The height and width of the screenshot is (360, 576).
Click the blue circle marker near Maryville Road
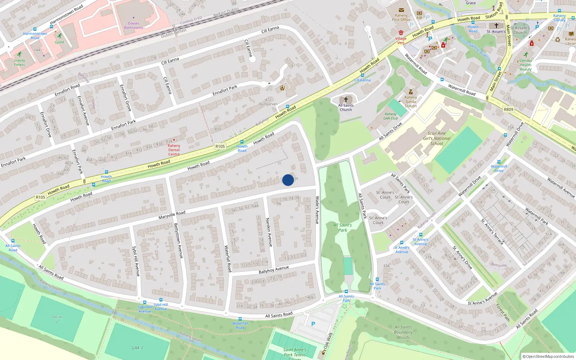click(288, 180)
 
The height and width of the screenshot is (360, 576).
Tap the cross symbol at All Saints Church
click(346, 99)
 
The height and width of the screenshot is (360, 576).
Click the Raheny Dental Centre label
click(174, 150)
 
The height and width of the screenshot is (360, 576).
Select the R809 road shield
click(508, 109)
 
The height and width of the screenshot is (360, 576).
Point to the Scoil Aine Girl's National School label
click(437, 138)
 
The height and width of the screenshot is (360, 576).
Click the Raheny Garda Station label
click(411, 102)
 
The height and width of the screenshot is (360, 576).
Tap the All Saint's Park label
click(343, 228)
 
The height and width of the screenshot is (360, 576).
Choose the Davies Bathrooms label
click(134, 25)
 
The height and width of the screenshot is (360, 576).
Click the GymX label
click(59, 42)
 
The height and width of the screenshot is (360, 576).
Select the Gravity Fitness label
click(19, 63)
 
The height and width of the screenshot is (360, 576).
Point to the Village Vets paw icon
click(401, 33)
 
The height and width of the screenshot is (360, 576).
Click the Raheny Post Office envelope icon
click(401, 10)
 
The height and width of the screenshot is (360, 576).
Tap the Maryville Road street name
click(172, 215)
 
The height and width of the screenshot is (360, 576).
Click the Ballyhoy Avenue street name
click(274, 270)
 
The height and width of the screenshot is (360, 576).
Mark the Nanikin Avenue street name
click(269, 232)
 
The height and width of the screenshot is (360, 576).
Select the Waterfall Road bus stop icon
click(240, 319)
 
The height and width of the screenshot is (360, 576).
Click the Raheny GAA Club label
click(391, 116)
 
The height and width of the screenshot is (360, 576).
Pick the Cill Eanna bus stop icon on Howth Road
click(362, 76)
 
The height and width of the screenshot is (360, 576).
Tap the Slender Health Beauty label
click(526, 65)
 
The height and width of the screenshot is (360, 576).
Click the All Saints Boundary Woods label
click(403, 332)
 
